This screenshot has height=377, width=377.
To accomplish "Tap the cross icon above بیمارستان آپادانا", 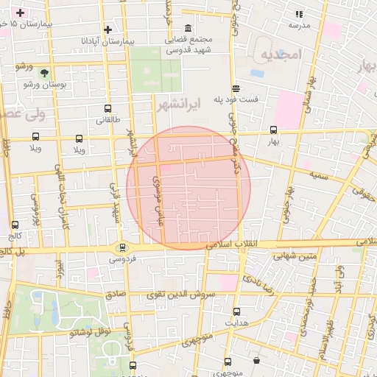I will pos(108,29).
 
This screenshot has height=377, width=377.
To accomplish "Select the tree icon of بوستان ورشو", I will pos(45,74).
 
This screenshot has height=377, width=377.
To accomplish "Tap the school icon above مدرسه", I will pos(299,14).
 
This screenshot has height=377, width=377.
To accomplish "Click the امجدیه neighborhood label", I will pos(281,55).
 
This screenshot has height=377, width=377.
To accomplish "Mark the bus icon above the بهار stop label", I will pos(274,130).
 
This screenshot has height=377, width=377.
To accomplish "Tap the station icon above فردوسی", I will pos(123,247).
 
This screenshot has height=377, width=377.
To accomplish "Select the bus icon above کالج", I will pos(15,225).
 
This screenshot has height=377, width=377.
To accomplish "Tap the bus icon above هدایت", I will pos(236,311).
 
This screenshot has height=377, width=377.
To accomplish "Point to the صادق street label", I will pos(114,293).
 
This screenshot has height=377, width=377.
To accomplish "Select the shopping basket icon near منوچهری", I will pos(256,360).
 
